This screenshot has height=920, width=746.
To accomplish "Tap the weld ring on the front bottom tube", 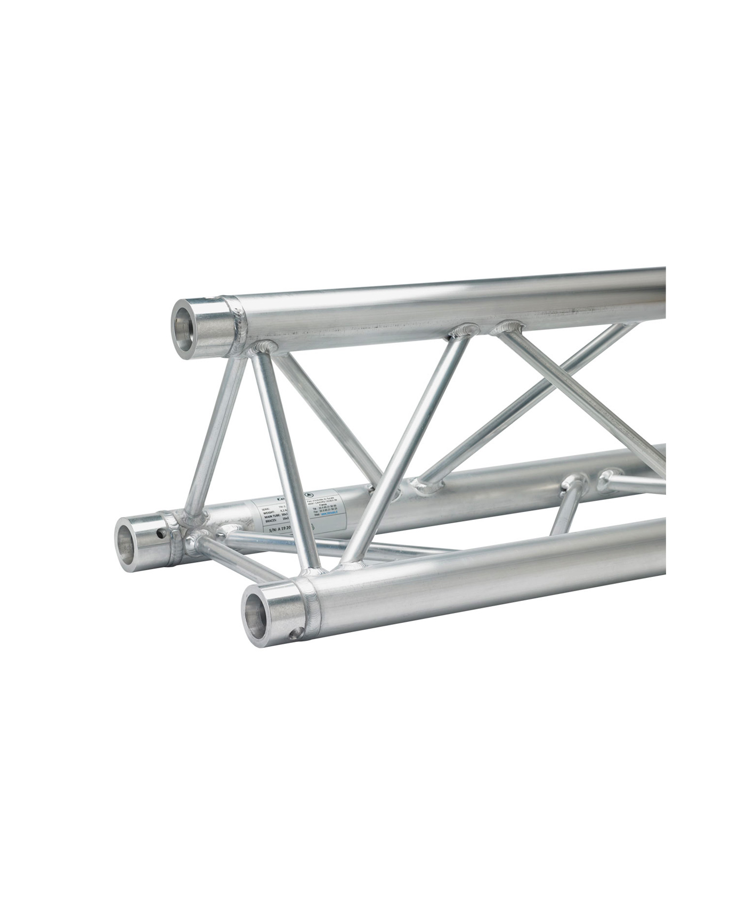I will click(x=310, y=606).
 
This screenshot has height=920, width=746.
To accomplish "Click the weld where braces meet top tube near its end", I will click(x=265, y=348).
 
